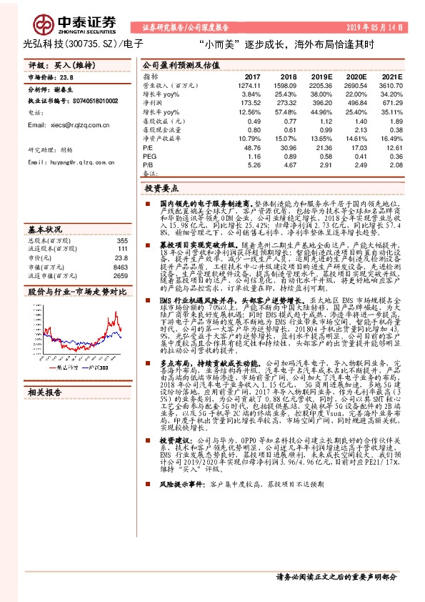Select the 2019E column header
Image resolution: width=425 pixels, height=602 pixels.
pos(322,76)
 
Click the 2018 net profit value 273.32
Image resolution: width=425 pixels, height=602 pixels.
pos(284,104)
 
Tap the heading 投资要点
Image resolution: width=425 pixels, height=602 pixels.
pos(160,189)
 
